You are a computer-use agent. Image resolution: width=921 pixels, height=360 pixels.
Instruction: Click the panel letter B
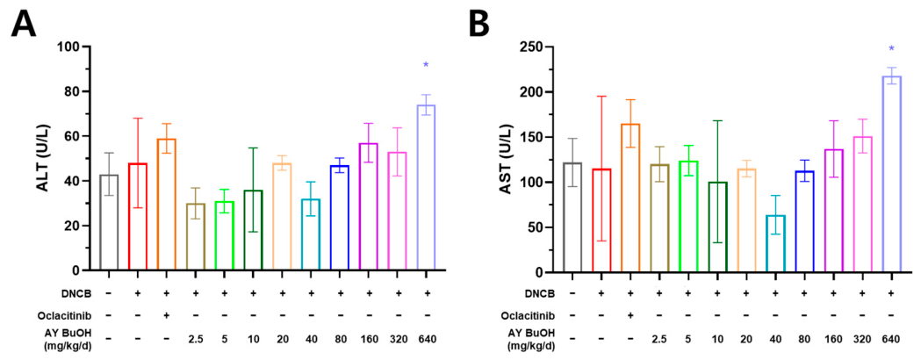[491, 24]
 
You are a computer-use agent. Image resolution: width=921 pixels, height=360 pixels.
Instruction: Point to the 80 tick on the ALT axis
[76, 91]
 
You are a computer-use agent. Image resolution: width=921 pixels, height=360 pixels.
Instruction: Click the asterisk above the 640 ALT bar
[426, 65]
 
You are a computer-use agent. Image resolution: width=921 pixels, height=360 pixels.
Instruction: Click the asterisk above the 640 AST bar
[891, 49]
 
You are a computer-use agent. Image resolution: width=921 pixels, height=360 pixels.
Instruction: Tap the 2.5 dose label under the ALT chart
[195, 339]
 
